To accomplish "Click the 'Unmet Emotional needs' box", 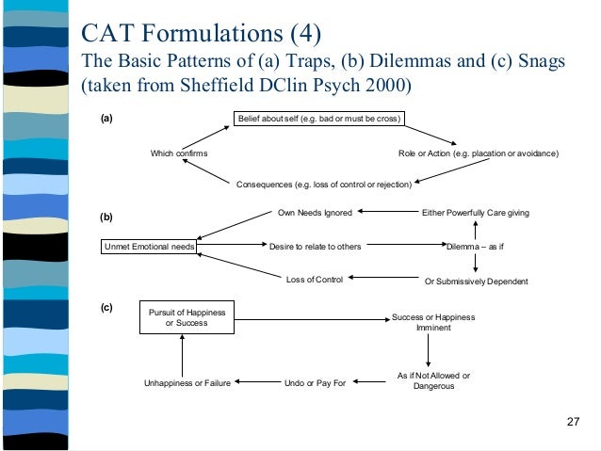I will pos(148,247).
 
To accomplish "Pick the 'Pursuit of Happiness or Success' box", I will pos(186,318).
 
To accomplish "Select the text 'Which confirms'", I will pos(180,153).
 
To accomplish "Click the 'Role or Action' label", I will pos(479,153).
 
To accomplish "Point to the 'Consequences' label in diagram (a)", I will pos(323,184).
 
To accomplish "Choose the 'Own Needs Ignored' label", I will pos(315,213).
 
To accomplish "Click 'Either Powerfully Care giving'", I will pos(475,213).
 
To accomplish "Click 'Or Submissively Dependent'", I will pos(476,281).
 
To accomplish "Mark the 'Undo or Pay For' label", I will pos(315,383).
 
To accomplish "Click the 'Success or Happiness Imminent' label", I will pos(433,323).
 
